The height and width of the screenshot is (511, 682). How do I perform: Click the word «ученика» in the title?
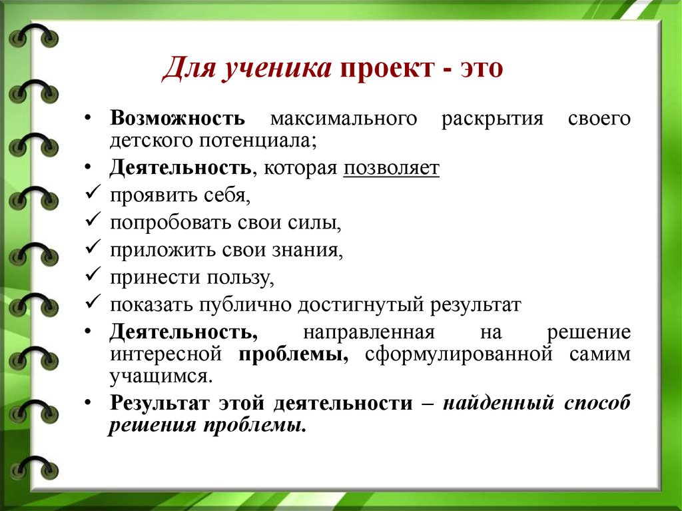(276, 68)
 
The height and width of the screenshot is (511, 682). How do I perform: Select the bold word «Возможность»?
(177, 118)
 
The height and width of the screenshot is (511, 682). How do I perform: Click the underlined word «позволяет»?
(392, 168)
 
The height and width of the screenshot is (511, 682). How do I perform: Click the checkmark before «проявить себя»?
(93, 192)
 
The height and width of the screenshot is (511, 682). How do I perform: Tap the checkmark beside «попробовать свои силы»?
(93, 219)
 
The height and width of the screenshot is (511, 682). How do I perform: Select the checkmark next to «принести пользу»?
(93, 274)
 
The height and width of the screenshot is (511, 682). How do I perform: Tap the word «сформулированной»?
(459, 354)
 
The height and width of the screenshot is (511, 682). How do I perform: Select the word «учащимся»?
(161, 376)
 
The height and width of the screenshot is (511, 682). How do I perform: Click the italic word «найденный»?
(498, 403)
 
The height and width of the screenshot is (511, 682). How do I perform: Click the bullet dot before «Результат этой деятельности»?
(88, 402)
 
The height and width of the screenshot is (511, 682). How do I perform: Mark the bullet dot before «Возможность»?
(88, 117)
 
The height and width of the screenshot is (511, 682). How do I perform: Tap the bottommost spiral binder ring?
(33, 467)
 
